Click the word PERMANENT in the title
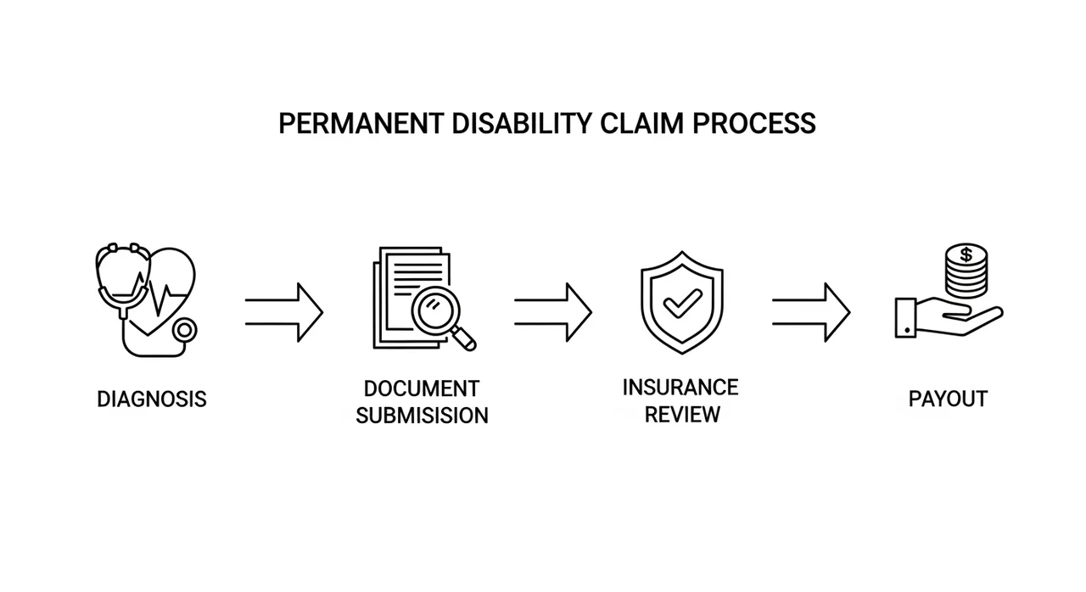(x=360, y=124)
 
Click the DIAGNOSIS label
(x=152, y=399)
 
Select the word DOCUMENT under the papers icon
(x=422, y=388)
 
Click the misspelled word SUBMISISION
(x=422, y=416)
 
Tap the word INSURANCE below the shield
(x=680, y=387)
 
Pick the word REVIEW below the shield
(x=682, y=415)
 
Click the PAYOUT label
(x=948, y=399)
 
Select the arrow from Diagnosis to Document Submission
(x=284, y=312)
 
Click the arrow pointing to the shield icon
(x=552, y=312)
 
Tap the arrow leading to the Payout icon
(x=810, y=312)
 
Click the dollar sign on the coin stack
(x=966, y=254)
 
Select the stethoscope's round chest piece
(x=183, y=332)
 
